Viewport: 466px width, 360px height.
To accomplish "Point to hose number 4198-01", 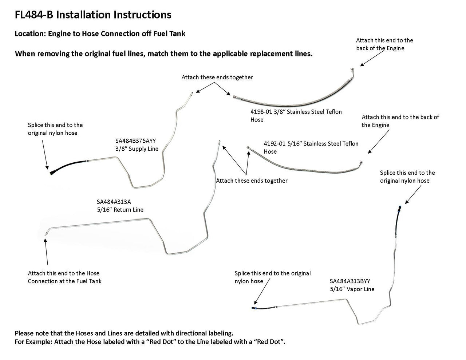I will coord(261,112).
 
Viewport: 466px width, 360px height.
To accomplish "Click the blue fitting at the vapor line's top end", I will coord(399,206).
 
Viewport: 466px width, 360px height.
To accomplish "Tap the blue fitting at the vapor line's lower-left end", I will coord(253,308).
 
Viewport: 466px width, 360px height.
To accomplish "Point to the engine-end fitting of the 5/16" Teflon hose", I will coord(360,162).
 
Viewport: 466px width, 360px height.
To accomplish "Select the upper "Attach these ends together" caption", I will coord(217,77).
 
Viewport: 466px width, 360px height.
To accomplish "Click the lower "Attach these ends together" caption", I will coord(252,181).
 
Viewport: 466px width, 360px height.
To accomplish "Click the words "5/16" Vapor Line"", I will coord(352,289).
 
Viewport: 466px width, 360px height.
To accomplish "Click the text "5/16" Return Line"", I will coord(120,210).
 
